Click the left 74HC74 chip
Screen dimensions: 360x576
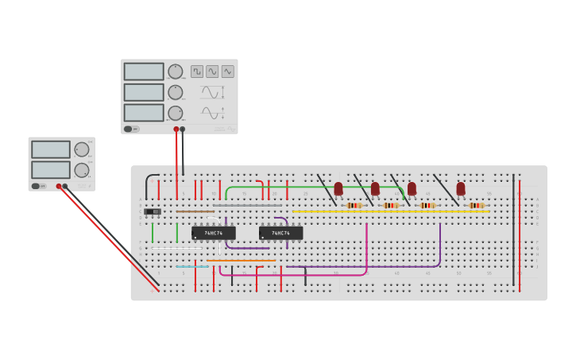coord(213,233)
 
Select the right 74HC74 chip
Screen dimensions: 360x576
coord(280,233)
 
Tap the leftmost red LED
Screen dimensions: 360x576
coord(338,188)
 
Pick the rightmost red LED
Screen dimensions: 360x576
coord(461,188)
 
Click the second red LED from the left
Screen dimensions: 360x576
coord(375,188)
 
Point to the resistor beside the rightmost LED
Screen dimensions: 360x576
coord(476,205)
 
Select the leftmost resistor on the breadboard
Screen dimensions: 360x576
coord(354,205)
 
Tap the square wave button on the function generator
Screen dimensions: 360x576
coord(197,72)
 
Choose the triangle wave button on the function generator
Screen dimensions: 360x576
coord(228,72)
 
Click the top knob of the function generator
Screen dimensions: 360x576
coord(175,72)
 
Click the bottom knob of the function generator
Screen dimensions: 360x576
coord(175,113)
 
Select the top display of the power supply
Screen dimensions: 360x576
coord(51,149)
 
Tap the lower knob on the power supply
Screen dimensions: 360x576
coord(81,170)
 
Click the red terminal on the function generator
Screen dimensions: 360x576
coord(176,129)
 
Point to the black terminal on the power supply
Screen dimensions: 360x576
coord(65,186)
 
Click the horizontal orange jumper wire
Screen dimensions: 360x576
coord(242,260)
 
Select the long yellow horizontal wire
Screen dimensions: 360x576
coord(389,211)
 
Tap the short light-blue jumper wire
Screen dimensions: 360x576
coord(192,266)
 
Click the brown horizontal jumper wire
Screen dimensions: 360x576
coord(195,211)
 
